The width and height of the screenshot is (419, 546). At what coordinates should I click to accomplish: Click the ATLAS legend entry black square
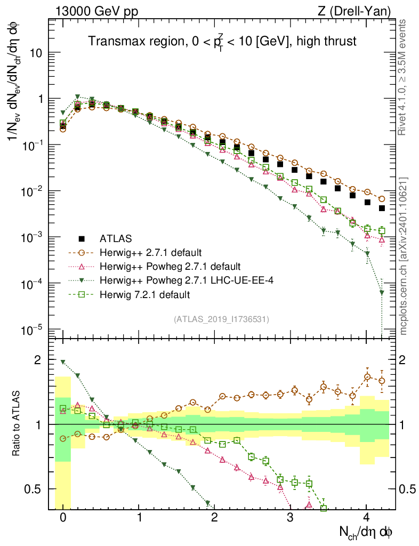pos(82,238)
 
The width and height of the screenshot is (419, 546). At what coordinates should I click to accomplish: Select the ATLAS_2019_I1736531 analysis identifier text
pos(221,319)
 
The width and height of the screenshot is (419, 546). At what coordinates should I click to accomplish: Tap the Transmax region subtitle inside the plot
pos(222,41)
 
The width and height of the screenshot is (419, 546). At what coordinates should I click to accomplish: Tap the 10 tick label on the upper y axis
pos(38,53)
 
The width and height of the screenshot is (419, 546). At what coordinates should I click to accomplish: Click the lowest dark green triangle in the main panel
pos(382,292)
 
